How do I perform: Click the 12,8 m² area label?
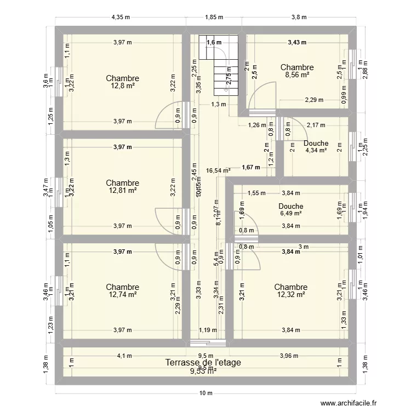coord(123,86)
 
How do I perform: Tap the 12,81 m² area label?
coord(123,191)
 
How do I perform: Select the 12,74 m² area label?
coord(123,295)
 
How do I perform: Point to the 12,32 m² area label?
coord(290,295)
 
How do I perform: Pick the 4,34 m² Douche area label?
coord(316,151)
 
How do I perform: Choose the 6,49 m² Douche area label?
coord(290,214)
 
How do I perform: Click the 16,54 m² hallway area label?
coord(218,170)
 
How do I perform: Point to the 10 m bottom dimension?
coord(205,393)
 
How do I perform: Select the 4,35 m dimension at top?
coord(121,17)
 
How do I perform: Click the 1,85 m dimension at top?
coord(214,17)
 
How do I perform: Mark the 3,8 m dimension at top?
coord(299,17)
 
